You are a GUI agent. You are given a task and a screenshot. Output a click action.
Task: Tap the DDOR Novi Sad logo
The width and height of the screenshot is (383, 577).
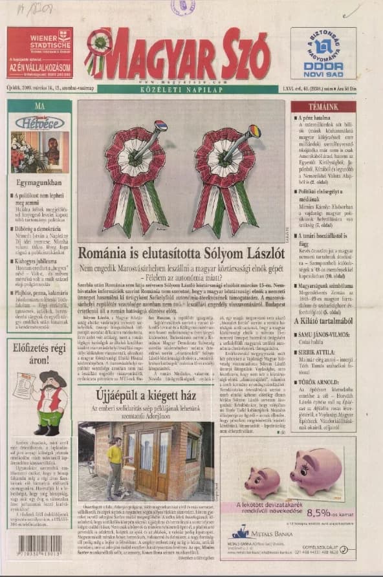tap(322, 52)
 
